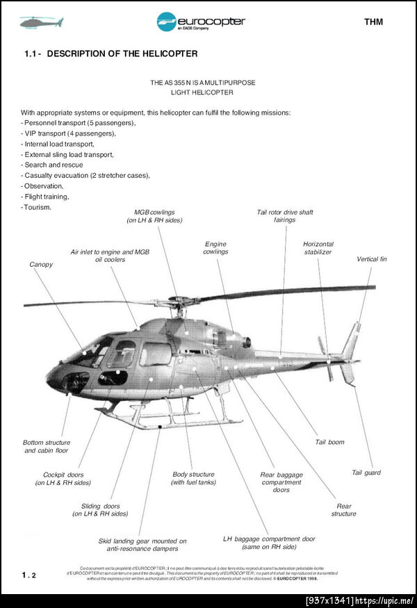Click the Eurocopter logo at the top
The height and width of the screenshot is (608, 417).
(x=201, y=22)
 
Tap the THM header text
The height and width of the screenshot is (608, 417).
(x=373, y=22)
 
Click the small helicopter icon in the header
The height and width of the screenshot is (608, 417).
(x=41, y=22)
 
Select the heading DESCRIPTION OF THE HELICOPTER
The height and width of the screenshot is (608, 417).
(x=122, y=54)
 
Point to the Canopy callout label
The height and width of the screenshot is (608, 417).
(x=41, y=265)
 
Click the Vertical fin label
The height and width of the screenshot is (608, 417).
(x=372, y=259)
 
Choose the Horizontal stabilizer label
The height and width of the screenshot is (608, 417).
(x=318, y=248)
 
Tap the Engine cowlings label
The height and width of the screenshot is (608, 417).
(x=215, y=248)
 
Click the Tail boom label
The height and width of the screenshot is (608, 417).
(x=329, y=442)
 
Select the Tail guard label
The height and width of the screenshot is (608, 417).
(x=366, y=473)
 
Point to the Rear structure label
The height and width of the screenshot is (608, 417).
(x=344, y=510)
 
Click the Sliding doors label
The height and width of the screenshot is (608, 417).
(x=100, y=510)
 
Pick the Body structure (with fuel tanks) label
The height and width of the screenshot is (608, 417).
(x=193, y=478)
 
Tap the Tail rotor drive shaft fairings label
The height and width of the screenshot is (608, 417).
(x=285, y=215)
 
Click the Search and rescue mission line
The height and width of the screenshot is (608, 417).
(x=52, y=165)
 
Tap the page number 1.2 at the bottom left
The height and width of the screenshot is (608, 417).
(x=28, y=575)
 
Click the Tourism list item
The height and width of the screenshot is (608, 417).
(x=37, y=207)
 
